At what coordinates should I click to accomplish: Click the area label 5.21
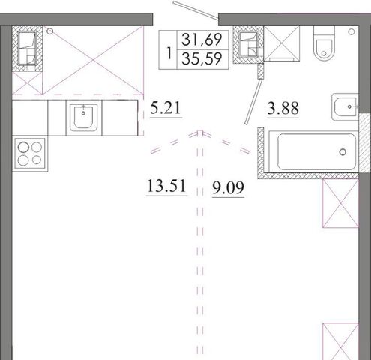click(166, 108)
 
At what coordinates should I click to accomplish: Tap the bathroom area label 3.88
click(283, 108)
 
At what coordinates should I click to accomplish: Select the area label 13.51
click(166, 186)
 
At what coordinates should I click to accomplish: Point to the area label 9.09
click(228, 187)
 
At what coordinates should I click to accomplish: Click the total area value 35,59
click(202, 59)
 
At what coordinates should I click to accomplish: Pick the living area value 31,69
click(202, 40)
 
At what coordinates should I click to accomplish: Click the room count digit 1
click(169, 53)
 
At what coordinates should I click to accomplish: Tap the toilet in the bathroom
click(324, 43)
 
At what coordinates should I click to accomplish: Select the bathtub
click(313, 151)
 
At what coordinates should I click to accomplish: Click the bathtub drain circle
click(343, 151)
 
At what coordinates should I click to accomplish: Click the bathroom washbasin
click(345, 107)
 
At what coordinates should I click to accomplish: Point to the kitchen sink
click(84, 118)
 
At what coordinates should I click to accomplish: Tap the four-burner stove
click(30, 154)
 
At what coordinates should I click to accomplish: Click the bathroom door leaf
click(253, 101)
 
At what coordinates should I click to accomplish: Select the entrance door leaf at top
click(196, 10)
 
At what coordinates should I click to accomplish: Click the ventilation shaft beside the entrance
click(248, 44)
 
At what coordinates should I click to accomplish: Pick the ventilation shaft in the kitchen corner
click(27, 49)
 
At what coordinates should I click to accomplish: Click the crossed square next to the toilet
click(282, 43)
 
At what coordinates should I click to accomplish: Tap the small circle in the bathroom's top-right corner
click(352, 31)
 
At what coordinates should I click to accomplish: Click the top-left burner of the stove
click(23, 147)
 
